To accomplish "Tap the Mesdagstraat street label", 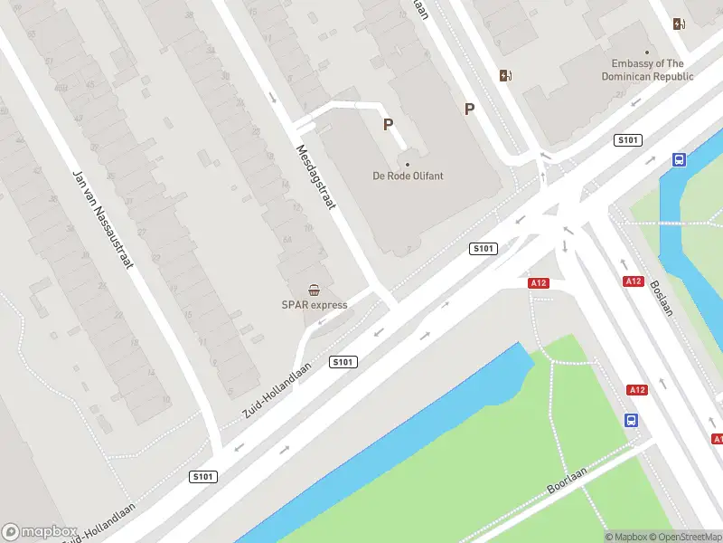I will [x=315, y=177].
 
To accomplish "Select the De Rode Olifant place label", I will [x=408, y=176].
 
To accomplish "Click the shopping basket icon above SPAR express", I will [x=314, y=291].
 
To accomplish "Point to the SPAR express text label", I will [x=314, y=305].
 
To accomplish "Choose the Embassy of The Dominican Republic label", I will [x=647, y=70].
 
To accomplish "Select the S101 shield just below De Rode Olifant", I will [x=484, y=249].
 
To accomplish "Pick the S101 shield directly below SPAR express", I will [x=343, y=362].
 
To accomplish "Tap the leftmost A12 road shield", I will [x=539, y=283].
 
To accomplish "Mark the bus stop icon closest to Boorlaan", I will [x=631, y=421].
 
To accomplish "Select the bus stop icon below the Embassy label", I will [x=679, y=160].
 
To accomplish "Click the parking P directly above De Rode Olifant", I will [x=389, y=125].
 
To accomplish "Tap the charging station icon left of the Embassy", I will [x=505, y=75].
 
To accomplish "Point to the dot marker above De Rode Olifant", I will [x=408, y=165].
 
